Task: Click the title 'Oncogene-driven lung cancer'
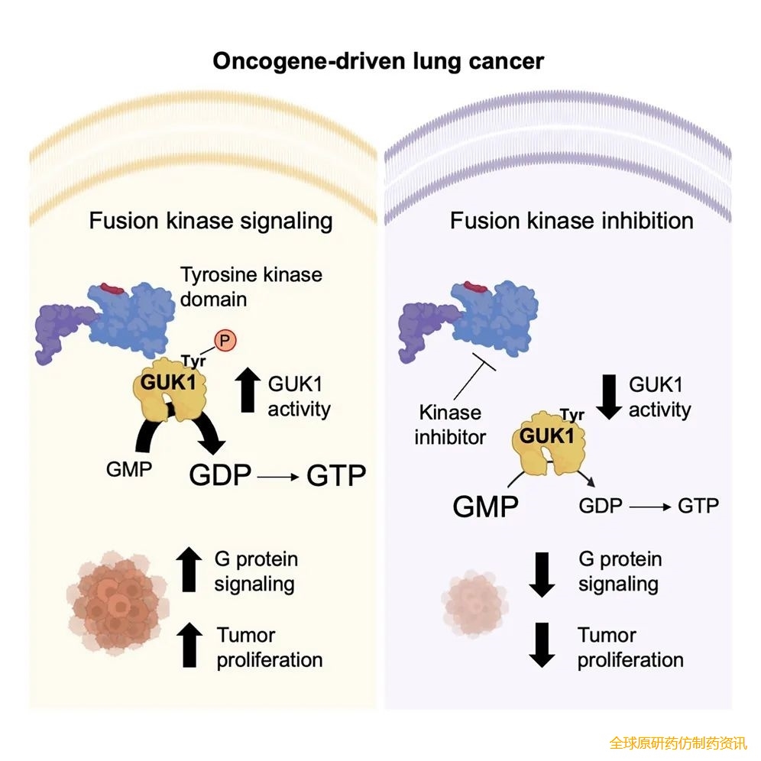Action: coord(378,62)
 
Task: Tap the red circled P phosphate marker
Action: coord(225,341)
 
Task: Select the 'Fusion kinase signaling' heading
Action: coord(211,222)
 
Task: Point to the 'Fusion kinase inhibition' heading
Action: coord(572,221)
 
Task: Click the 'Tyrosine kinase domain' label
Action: coord(251,287)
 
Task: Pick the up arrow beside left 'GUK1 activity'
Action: coord(248,390)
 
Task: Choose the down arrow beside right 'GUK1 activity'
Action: coord(609,397)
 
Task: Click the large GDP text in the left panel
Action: coord(220,474)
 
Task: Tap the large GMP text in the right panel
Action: coord(485,507)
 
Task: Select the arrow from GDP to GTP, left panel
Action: coord(278,477)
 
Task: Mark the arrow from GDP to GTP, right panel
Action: coord(650,507)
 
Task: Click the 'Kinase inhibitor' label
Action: coord(450,425)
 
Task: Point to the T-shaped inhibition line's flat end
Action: coord(484,362)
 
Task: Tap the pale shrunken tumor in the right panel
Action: coord(475,604)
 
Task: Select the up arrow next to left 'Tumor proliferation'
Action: coord(189,645)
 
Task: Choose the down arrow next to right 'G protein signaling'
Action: coord(542,575)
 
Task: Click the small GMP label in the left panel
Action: coord(129,469)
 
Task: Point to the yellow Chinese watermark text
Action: coord(678,743)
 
